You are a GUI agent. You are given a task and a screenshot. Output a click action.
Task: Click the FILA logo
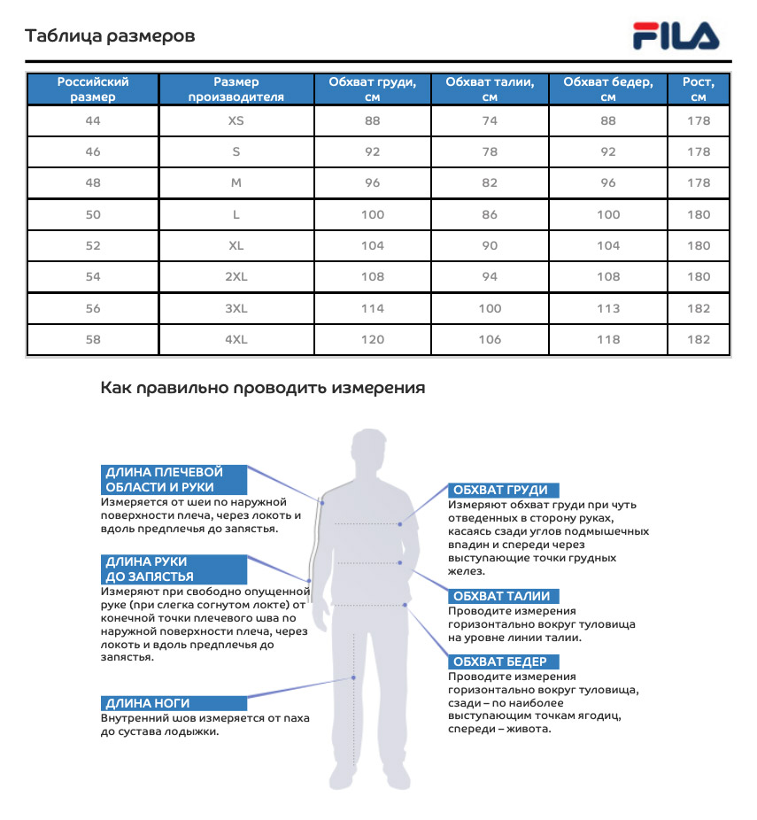[x=676, y=36]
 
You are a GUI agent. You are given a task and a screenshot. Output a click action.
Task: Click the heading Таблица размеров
[x=110, y=36]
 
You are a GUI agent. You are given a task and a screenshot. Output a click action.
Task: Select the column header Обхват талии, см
[x=490, y=89]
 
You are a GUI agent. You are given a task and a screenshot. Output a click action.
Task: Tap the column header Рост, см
[x=699, y=89]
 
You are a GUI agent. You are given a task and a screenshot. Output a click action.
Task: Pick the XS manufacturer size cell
[x=236, y=120]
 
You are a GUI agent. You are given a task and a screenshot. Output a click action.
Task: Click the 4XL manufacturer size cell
[x=236, y=339]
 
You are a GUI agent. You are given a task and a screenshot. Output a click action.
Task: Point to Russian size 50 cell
[x=93, y=214]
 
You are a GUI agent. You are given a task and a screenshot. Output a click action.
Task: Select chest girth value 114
[x=373, y=308]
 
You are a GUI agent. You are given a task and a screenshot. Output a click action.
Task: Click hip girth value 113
[x=608, y=308]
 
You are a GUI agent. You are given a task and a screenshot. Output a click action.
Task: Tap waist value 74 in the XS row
[x=490, y=120]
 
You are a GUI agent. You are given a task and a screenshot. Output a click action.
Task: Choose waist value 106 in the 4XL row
[x=490, y=339]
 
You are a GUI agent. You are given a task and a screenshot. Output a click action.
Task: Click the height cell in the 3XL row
[x=699, y=308]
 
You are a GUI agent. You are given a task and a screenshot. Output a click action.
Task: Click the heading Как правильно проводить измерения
[x=262, y=388]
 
